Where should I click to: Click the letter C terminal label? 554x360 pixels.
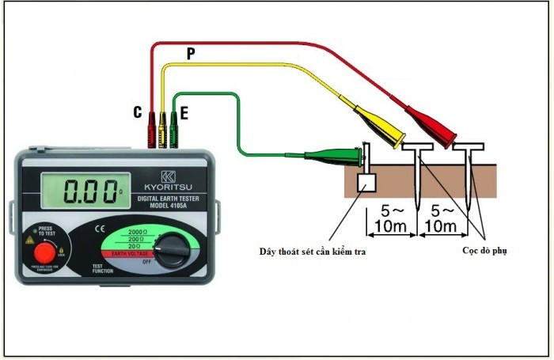point(137,113)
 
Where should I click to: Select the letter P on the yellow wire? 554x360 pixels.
point(190,54)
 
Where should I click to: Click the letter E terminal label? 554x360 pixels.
point(184,114)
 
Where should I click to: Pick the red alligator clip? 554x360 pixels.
point(428,126)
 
